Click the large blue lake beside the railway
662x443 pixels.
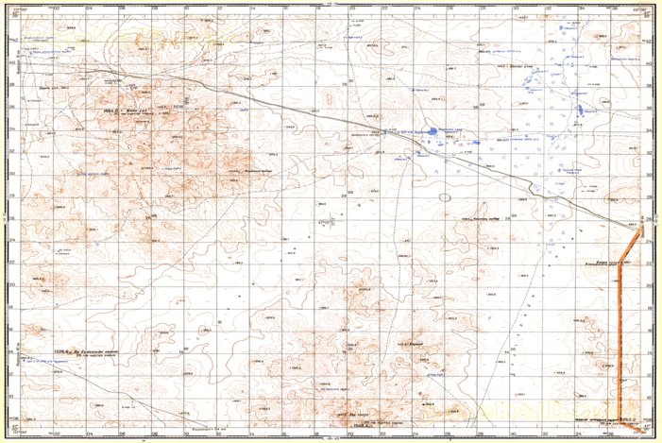(432, 131)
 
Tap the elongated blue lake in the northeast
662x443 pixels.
(580, 112)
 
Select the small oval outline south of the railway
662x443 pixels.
(444, 197)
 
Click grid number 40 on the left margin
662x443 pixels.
(12, 63)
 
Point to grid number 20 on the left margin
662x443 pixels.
(12, 284)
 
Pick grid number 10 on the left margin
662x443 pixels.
(12, 395)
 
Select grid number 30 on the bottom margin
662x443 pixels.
(515, 435)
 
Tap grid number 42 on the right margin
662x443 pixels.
(650, 42)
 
